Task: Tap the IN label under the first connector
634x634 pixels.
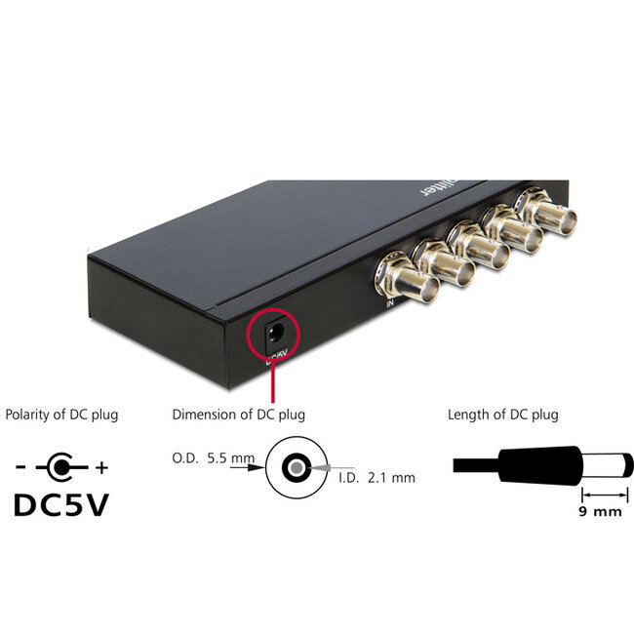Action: point(389,304)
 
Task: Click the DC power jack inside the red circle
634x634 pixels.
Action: point(273,335)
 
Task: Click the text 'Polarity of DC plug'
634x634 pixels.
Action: point(61,415)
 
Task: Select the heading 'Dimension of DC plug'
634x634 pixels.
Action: point(238,415)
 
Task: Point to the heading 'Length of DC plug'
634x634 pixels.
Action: point(502,415)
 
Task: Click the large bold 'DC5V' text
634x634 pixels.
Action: point(61,506)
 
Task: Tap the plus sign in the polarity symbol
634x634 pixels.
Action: point(101,468)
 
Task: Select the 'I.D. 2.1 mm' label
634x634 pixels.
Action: point(376,477)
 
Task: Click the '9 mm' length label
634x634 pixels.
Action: point(600,510)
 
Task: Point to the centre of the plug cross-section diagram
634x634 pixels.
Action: point(293,467)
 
